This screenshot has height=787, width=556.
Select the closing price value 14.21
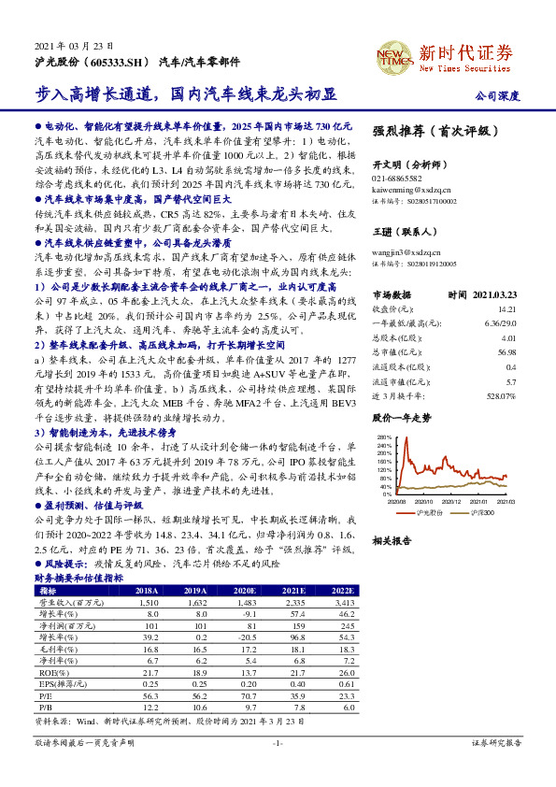(x=506, y=308)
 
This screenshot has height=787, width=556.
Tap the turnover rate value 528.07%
(x=500, y=396)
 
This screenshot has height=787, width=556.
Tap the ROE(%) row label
(x=49, y=672)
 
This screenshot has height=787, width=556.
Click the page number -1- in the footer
(x=277, y=743)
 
